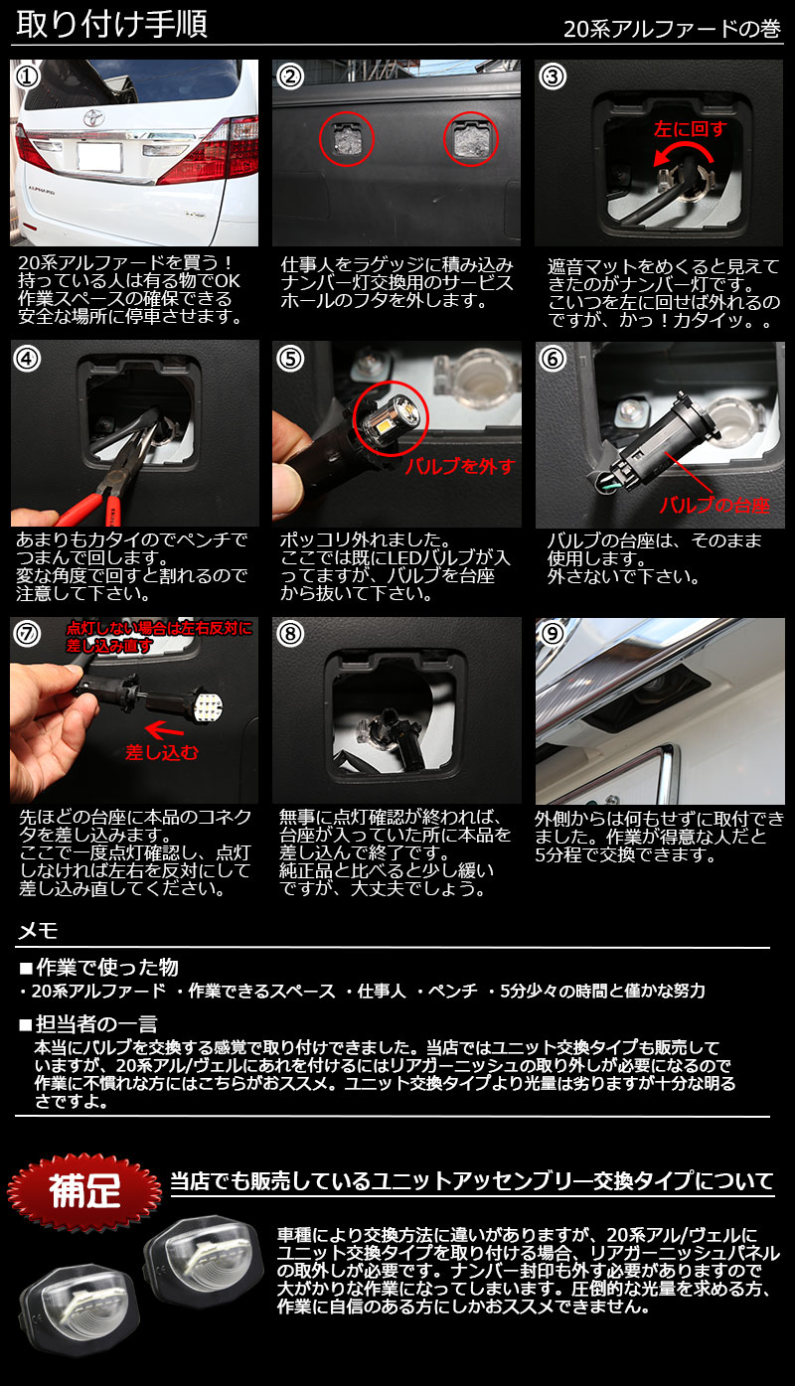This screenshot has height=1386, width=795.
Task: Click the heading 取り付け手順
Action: pos(111,25)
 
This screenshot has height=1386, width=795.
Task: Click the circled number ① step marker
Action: pos(27,77)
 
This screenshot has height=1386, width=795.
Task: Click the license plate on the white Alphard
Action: pos(98,157)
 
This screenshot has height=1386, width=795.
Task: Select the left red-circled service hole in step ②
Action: pos(347,139)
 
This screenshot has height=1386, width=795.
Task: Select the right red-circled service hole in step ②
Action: pos(471,139)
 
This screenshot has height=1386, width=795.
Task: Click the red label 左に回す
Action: pos(690,129)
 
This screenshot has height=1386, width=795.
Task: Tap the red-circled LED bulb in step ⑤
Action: pos(391,417)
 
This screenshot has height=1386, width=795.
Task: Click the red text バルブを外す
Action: pos(460,466)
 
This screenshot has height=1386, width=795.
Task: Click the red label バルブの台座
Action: pos(715,506)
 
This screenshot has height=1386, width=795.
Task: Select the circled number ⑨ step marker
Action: pos(552,633)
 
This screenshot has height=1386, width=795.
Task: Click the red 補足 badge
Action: pos(84,1190)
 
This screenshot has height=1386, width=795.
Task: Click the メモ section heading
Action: pos(38,931)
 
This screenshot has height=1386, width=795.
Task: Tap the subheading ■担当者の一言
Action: pos(88,1024)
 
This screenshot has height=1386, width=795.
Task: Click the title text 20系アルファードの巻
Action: pos(672,29)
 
